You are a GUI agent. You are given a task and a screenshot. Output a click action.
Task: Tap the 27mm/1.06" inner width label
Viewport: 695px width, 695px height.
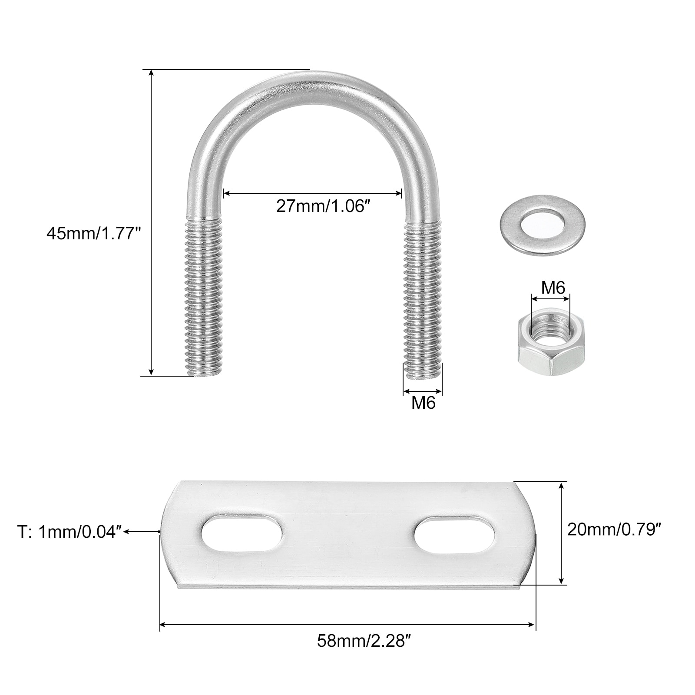pyautogui.click(x=325, y=206)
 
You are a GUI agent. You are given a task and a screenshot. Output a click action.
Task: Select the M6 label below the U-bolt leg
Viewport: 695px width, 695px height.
pyautogui.click(x=423, y=403)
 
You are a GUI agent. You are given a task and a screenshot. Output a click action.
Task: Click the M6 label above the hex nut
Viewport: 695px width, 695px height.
pyautogui.click(x=553, y=288)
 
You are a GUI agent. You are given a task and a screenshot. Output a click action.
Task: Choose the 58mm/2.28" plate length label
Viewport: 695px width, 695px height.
pyautogui.click(x=364, y=641)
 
